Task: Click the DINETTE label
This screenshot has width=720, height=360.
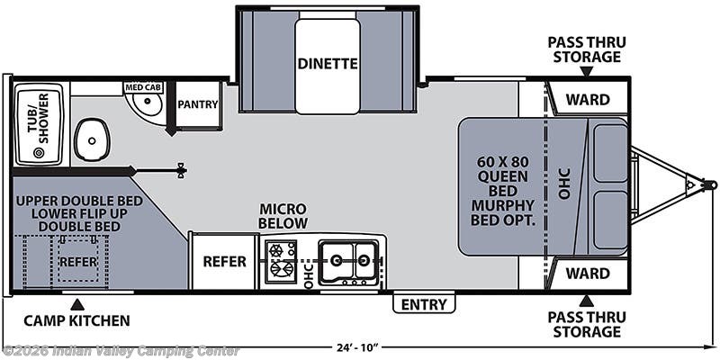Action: [328, 64]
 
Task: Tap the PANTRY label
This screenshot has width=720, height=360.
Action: [198, 104]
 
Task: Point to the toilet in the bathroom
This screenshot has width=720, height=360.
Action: [91, 139]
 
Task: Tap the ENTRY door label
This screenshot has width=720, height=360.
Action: [424, 304]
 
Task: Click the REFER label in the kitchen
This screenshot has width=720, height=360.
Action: [224, 262]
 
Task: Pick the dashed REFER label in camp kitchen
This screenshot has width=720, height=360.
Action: [77, 261]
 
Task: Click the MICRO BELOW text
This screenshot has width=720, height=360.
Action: [283, 215]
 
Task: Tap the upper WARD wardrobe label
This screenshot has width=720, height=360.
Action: [587, 99]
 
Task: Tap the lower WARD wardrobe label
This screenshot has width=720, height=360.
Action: [587, 271]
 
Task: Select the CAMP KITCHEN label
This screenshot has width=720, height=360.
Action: [76, 320]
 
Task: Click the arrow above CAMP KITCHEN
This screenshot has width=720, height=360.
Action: [76, 303]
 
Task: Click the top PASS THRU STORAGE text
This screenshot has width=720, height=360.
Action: [586, 49]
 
